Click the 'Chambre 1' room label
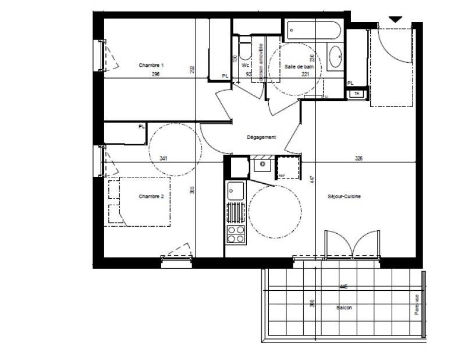click(151, 66)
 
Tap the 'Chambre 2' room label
click(151, 197)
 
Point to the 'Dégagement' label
click(261, 137)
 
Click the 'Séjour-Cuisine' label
click(345, 197)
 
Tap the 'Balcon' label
click(344, 308)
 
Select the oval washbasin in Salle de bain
click(336, 58)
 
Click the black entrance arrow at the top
click(395, 19)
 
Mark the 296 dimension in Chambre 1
click(155, 74)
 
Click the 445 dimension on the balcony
click(344, 286)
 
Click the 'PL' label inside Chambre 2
click(141, 126)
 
